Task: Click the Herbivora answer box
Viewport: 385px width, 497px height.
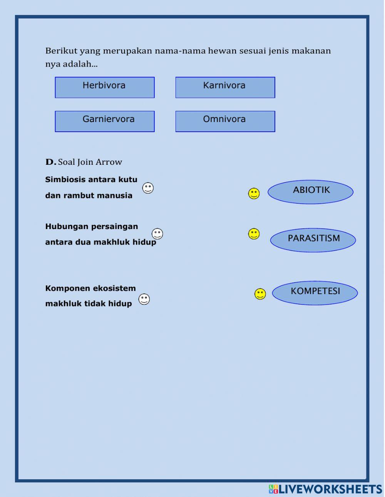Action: tap(105, 87)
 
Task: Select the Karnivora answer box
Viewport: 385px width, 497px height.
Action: tap(225, 87)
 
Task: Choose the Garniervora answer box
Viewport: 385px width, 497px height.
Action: tap(105, 121)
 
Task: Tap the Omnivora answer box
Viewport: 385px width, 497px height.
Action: tap(225, 121)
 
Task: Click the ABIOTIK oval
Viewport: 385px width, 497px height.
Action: tap(310, 192)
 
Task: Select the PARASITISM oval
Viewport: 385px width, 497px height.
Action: tap(313, 240)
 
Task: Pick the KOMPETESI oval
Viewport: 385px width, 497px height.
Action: tap(315, 293)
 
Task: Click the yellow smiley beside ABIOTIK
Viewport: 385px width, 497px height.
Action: tap(254, 193)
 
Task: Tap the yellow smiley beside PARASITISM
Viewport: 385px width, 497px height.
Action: tap(254, 234)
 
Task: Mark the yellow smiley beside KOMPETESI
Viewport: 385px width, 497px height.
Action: tap(260, 294)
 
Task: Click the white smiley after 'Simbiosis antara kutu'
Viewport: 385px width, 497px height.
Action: tap(148, 188)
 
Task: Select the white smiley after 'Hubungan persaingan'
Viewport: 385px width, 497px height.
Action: tap(157, 233)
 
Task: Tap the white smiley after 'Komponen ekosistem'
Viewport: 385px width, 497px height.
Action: tap(144, 299)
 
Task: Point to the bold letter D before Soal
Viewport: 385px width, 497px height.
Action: tap(50, 162)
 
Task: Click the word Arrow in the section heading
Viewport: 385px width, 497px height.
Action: tap(109, 162)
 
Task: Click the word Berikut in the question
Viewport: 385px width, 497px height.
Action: tap(61, 51)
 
